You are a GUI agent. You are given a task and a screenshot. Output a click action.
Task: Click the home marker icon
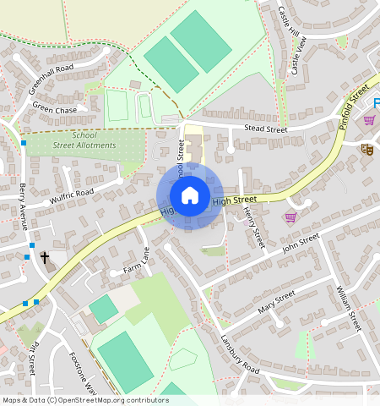pyautogui.click(x=190, y=196)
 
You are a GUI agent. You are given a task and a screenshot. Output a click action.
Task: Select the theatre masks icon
pyautogui.click(x=366, y=150)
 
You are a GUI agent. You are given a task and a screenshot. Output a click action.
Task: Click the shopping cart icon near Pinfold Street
pyautogui.click(x=369, y=119)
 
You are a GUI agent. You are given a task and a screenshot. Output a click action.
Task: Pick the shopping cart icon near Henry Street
pyautogui.click(x=290, y=217)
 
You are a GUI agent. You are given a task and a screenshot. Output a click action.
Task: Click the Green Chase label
pyautogui.click(x=54, y=108)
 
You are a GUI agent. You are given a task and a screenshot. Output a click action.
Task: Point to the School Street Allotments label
pyautogui.click(x=84, y=140)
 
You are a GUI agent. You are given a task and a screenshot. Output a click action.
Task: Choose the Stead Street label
pyautogui.click(x=265, y=129)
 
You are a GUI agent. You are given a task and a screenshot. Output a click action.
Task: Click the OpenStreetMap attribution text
pyautogui.click(x=85, y=400)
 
